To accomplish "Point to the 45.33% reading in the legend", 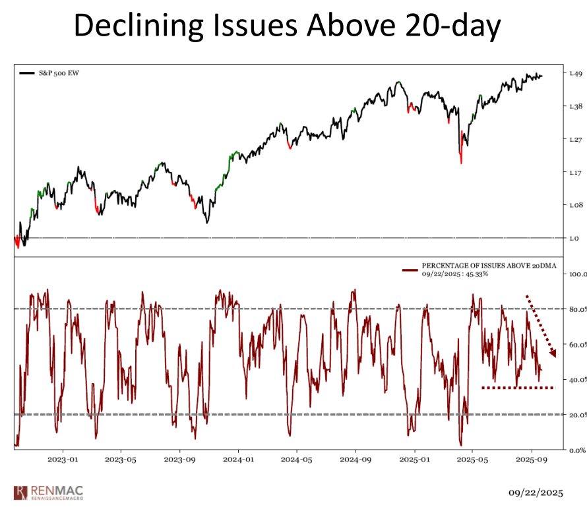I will [474, 274].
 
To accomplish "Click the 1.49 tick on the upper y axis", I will [574, 73].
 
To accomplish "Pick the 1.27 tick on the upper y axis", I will [574, 139].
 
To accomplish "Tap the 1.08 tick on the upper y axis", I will [574, 205].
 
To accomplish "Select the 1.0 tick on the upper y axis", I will [573, 238].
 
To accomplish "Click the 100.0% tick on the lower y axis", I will [577, 273].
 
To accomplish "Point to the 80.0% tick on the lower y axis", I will [576, 309].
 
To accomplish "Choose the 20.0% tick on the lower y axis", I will [576, 415].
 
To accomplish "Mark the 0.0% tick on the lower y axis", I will [575, 450].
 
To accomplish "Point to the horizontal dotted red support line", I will [518, 388].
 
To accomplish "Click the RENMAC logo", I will [48, 492].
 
